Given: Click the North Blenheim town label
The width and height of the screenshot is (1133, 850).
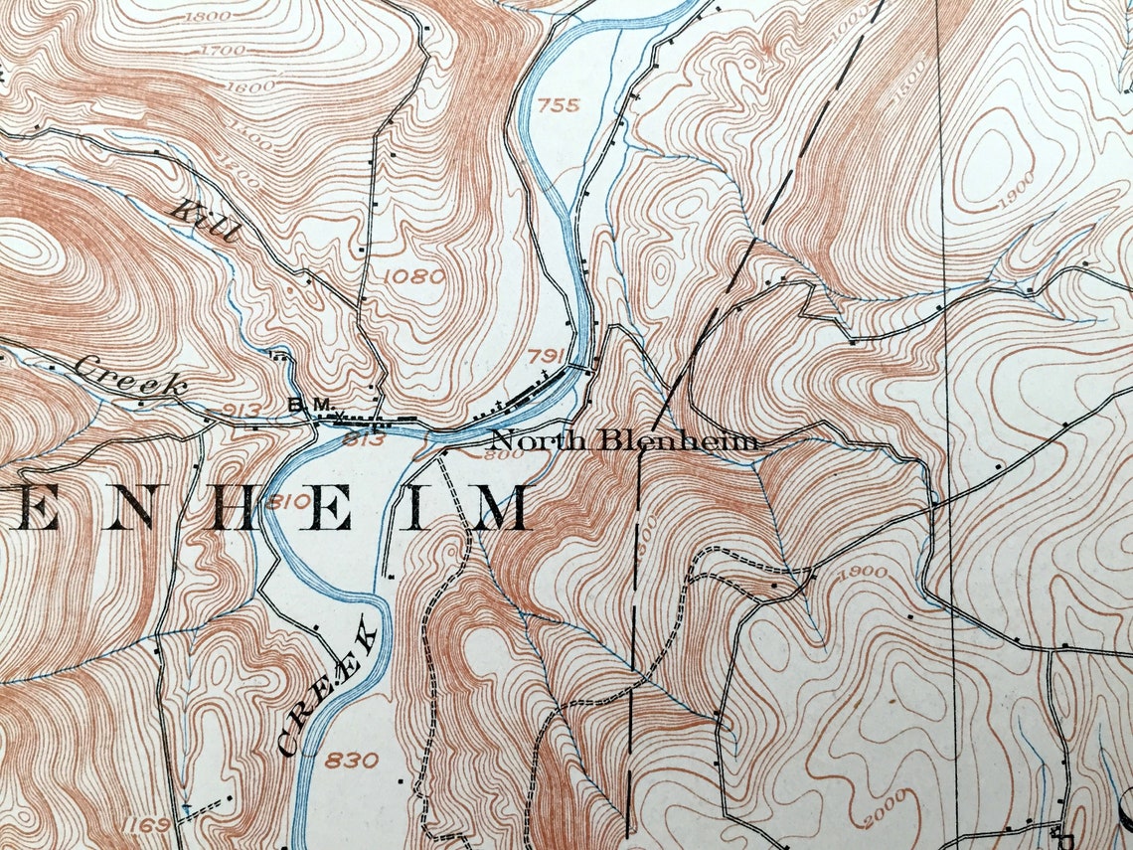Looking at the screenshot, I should pyautogui.click(x=624, y=440).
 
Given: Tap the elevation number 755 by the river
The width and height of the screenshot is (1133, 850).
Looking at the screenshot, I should pyautogui.click(x=559, y=104).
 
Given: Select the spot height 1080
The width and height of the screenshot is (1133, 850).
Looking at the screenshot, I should pyautogui.click(x=412, y=275).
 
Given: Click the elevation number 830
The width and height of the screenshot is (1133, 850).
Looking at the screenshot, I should pyautogui.click(x=351, y=761).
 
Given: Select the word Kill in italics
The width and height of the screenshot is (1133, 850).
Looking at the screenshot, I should pyautogui.click(x=208, y=220).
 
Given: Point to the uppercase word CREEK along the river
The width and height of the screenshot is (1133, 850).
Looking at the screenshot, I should pyautogui.click(x=329, y=685).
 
